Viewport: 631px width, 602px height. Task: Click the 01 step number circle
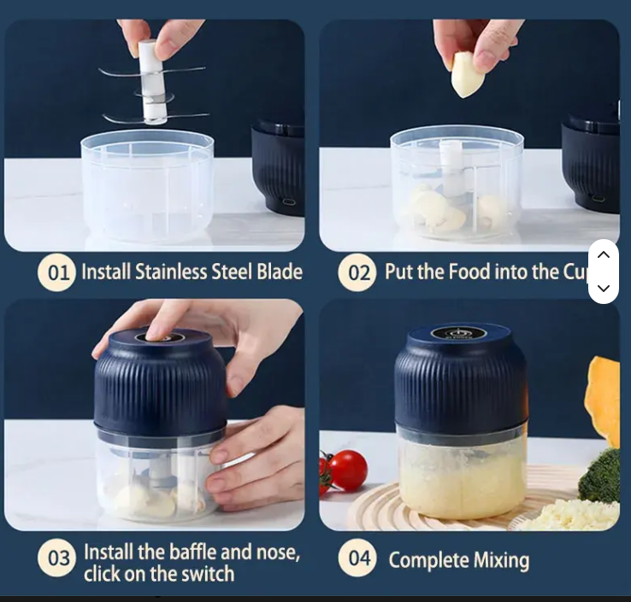56,272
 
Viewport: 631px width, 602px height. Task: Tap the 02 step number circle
357,272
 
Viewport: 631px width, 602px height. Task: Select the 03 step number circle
56,558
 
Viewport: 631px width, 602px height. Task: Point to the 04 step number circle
357,558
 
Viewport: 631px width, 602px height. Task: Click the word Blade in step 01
280,272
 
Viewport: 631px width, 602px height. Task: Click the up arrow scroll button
604,254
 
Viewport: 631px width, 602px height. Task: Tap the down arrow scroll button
604,288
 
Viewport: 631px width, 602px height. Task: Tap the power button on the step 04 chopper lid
457,333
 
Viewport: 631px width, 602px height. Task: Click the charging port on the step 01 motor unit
288,202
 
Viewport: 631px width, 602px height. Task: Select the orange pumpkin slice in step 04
603,402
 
